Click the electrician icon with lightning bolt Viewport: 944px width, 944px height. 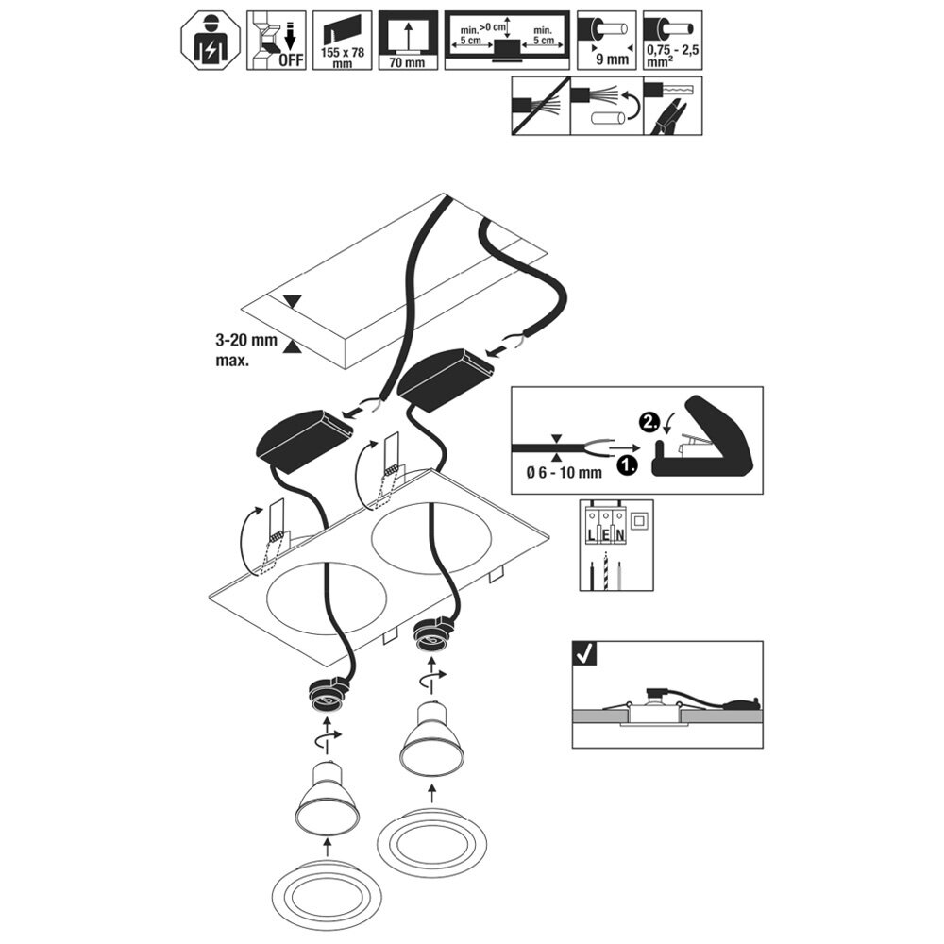211,41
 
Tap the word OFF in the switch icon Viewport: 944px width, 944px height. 291,59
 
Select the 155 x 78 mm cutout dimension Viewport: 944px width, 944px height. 342,58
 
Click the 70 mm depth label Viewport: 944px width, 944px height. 407,62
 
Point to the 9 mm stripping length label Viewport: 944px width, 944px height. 612,59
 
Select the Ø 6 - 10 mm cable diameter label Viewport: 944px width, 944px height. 564,473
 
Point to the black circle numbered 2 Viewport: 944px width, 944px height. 648,423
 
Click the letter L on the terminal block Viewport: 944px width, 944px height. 592,533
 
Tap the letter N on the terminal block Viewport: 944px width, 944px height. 620,533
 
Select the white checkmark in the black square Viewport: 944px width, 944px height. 584,652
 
